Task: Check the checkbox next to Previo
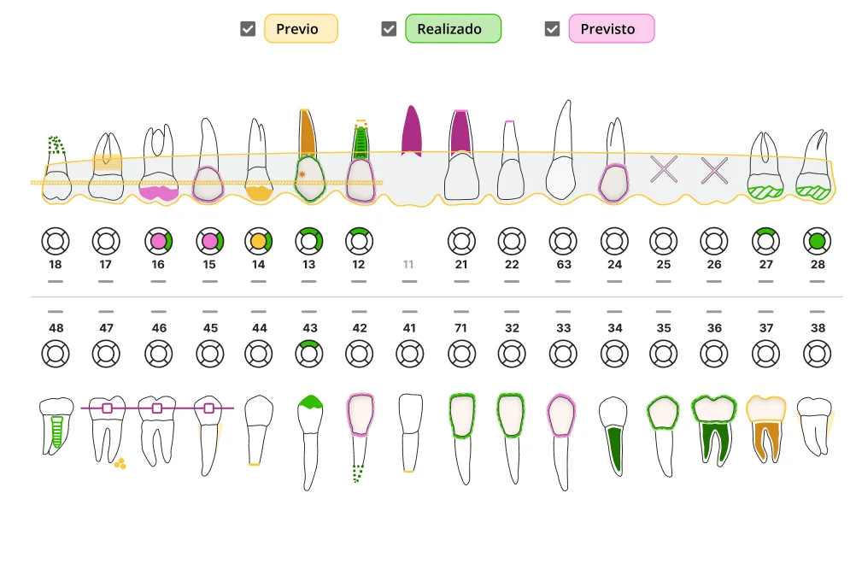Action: pos(248,29)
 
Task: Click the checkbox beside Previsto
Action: pos(552,29)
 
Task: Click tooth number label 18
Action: pos(56,265)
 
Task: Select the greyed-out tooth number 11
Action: pos(408,265)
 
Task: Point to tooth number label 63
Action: pos(563,265)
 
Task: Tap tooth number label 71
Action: pos(461,328)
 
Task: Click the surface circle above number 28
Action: pos(818,241)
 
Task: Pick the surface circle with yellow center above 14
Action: pos(259,241)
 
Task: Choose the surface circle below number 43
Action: pos(309,352)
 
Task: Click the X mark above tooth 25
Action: pos(664,169)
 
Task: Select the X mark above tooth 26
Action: pos(714,169)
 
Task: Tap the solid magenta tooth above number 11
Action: pos(411,132)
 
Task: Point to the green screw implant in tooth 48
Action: pos(56,432)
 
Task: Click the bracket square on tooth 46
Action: pos(157,408)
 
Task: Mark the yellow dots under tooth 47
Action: pos(120,464)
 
